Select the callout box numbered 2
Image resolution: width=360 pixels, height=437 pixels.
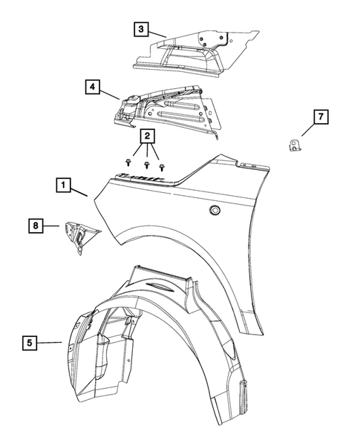(147, 137)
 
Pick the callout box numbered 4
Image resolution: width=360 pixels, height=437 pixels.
(92, 88)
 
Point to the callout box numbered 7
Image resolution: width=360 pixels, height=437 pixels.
(320, 118)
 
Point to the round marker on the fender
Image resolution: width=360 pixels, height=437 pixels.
(215, 211)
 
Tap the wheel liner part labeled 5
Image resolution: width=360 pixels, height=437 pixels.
(148, 349)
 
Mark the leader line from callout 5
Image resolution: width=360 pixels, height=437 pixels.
(50, 342)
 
